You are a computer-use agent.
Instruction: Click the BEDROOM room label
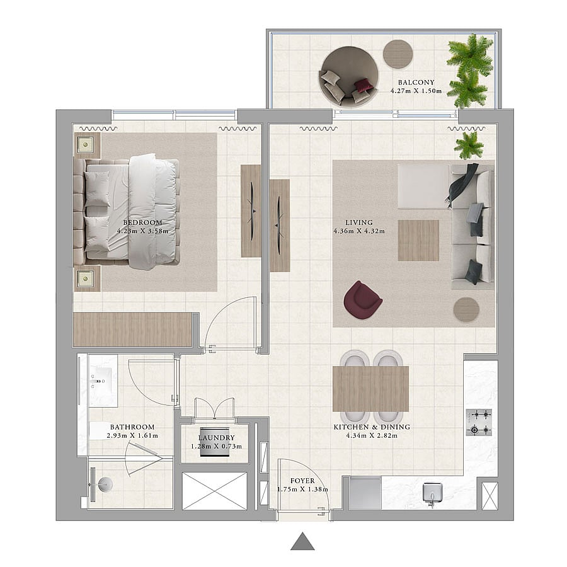click(142, 222)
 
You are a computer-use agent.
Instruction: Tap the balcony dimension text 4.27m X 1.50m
click(416, 91)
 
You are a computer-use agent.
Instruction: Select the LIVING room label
click(358, 222)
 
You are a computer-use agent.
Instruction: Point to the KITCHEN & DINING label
click(372, 427)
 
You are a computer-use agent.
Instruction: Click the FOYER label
click(302, 481)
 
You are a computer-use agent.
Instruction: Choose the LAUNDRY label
click(216, 438)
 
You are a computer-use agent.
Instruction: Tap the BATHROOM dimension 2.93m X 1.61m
click(132, 436)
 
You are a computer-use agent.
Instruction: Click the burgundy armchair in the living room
click(362, 300)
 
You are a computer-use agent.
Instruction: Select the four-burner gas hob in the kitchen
click(479, 422)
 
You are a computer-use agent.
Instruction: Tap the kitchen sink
click(432, 493)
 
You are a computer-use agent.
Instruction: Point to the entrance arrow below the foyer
click(302, 541)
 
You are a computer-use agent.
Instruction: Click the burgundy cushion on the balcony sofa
click(364, 86)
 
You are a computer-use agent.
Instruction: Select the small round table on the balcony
click(398, 54)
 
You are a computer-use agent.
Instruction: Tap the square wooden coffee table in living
click(418, 241)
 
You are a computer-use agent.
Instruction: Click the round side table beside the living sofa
click(466, 309)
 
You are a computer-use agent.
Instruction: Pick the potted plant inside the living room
click(469, 145)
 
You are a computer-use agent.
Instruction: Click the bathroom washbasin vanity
click(103, 381)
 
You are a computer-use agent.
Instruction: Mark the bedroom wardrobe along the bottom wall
click(132, 329)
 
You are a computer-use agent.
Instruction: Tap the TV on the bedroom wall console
click(252, 211)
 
